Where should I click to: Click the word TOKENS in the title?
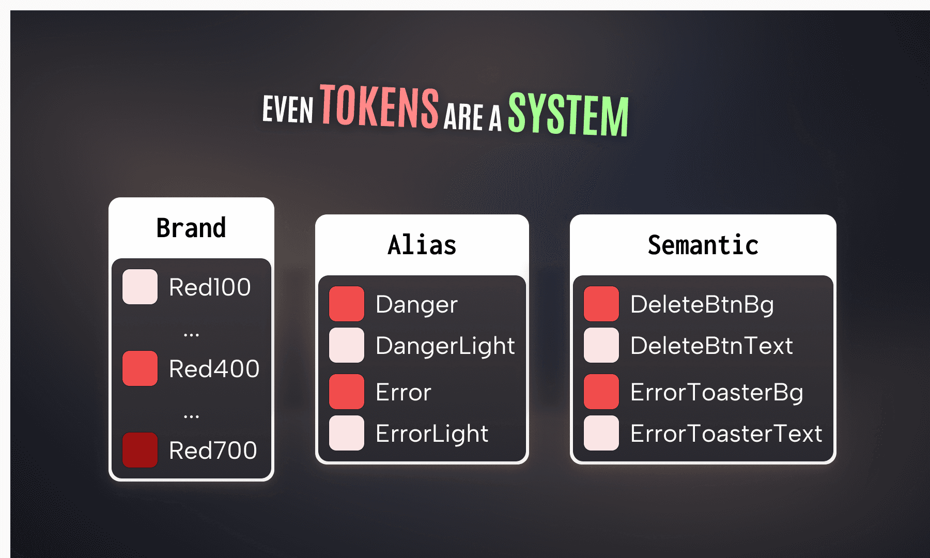380,106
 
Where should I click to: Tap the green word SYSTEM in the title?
568,114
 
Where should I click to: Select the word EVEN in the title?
288,109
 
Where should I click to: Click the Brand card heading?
191,228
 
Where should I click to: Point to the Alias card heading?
422,245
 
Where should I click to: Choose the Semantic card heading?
703,245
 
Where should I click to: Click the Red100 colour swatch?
140,287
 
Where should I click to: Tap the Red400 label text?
214,369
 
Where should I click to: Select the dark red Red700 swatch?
140,450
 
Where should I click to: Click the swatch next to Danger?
347,304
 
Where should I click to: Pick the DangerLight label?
445,346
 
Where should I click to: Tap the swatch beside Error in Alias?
347,392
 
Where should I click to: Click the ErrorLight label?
432,433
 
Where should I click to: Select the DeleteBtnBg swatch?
601,304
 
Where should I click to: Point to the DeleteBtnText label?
711,346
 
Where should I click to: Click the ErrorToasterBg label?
717,392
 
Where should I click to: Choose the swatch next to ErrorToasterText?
601,433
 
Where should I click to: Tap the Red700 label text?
213,451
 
